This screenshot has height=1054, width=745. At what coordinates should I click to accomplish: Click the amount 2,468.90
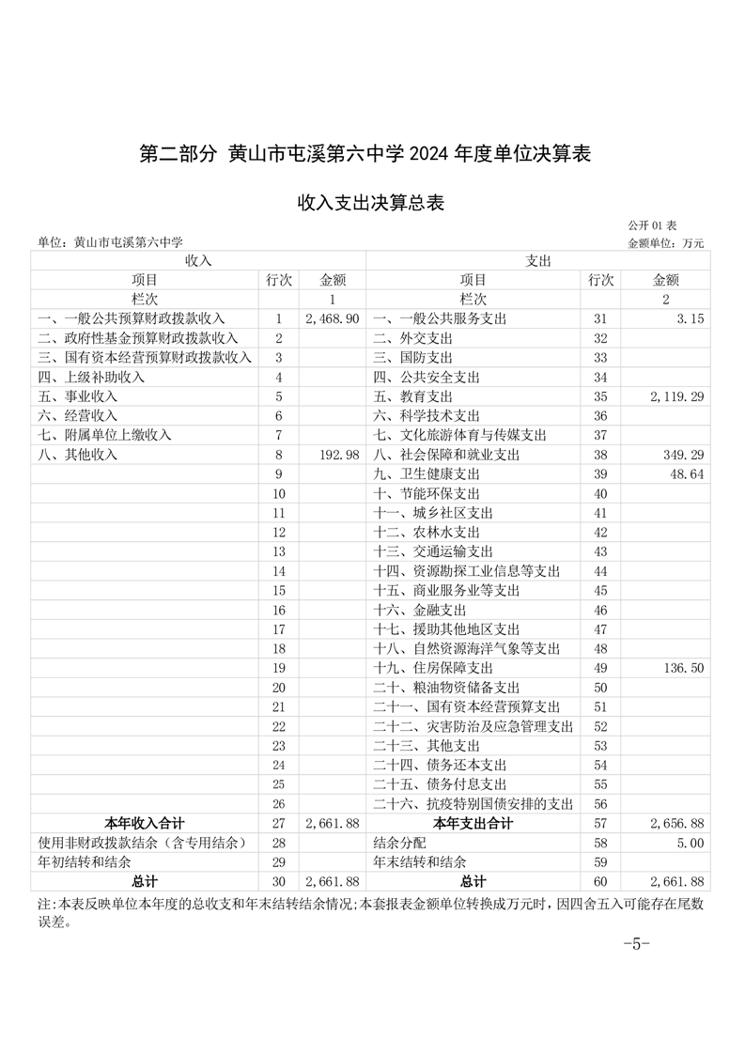point(333,318)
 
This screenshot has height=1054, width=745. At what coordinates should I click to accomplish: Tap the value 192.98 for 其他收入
point(340,455)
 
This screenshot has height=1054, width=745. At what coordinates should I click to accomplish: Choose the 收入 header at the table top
point(198,259)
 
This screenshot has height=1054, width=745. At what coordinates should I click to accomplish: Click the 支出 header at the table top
point(537,259)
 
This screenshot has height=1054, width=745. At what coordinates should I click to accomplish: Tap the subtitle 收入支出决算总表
point(371,202)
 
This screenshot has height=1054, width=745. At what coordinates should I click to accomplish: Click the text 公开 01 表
point(652,225)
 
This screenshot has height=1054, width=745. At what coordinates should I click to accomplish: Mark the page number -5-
point(637,943)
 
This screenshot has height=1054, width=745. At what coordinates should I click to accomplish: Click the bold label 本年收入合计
point(145,823)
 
